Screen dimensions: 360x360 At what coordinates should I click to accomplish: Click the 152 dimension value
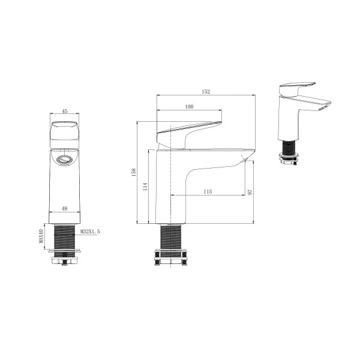pos(206,92)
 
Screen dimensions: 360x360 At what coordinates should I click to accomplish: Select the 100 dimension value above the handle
pos(189,107)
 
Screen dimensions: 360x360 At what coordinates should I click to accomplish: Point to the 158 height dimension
pos(134,172)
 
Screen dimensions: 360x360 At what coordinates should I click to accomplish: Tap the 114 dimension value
pos(145,187)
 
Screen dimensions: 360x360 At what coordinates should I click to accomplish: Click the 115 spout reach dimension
pos(208,191)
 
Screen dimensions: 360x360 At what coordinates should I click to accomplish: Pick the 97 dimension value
pos(250,192)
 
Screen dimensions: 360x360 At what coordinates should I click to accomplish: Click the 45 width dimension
pos(65,111)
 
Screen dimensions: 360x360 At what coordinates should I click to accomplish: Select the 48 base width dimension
pos(65,208)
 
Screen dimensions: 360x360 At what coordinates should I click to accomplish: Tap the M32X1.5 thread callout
pos(90,232)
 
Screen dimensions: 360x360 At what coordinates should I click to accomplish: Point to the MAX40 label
pos(41,236)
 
